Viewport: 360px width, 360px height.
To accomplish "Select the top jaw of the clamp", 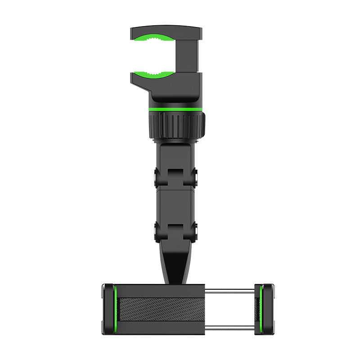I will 166,31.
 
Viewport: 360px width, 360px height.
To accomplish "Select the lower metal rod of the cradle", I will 229,326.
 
